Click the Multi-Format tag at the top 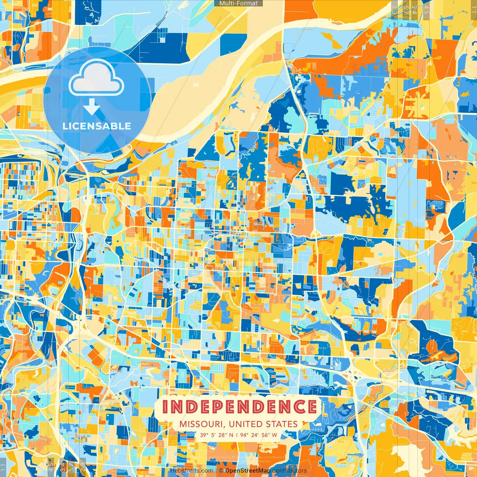[238, 3]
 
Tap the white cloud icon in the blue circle [97, 78]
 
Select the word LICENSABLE [97, 126]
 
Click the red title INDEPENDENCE [239, 407]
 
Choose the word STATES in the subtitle [282, 424]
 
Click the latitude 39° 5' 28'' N [217, 435]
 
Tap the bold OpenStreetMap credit [248, 471]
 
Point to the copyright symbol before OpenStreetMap [221, 471]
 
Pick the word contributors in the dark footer [290, 471]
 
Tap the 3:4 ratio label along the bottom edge [62, 466]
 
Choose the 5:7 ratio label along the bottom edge [72, 466]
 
